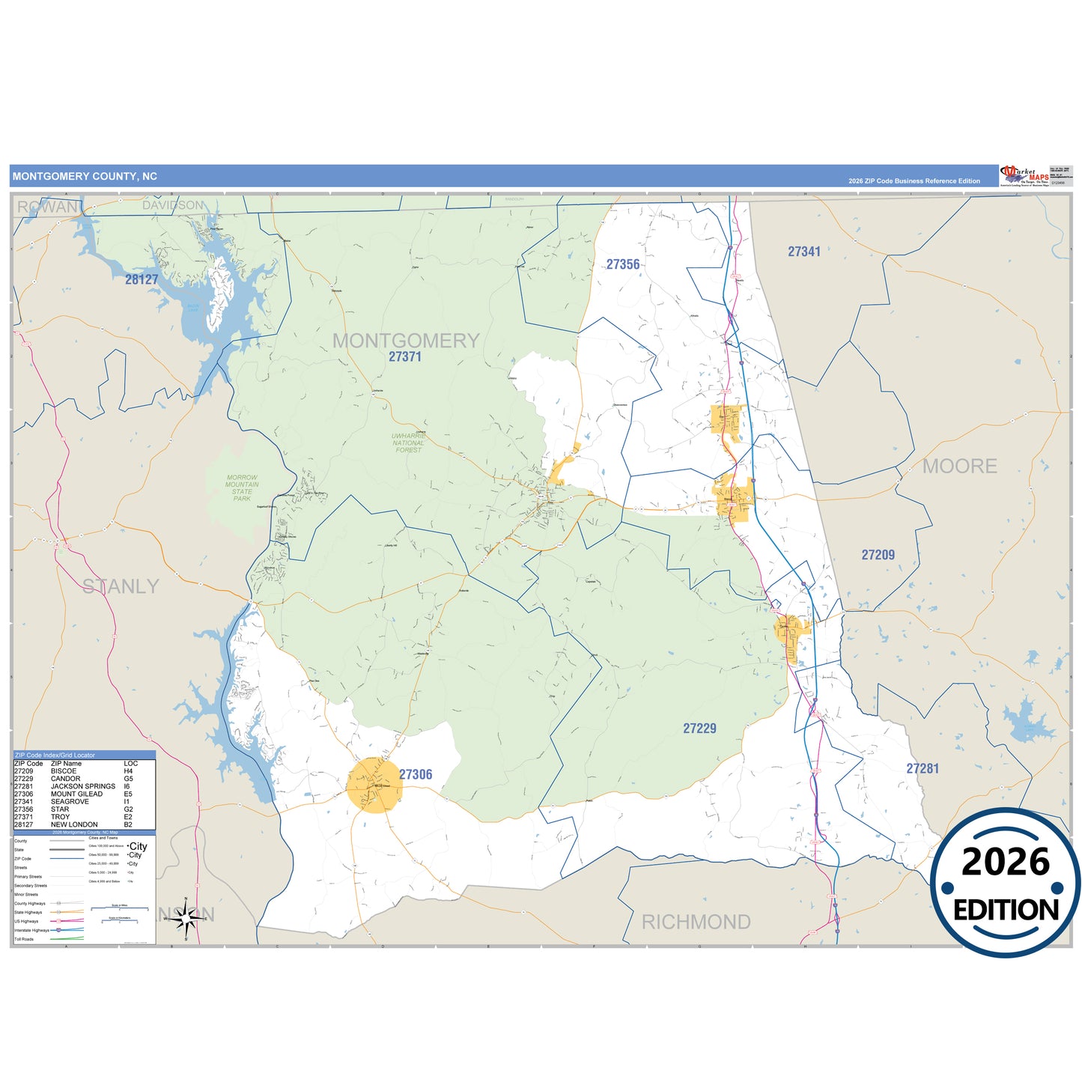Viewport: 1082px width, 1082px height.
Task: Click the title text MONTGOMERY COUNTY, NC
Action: coord(85,177)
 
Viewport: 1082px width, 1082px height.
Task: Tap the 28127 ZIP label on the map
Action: coord(142,279)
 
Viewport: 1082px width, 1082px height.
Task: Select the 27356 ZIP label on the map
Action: coord(623,264)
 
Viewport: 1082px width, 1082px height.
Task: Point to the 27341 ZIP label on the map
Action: coord(803,252)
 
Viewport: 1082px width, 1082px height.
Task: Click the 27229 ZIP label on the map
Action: coord(699,728)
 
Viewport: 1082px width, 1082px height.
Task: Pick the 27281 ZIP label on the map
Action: coord(923,768)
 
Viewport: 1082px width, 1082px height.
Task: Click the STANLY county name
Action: coord(121,586)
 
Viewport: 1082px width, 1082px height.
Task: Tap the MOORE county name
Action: coord(959,466)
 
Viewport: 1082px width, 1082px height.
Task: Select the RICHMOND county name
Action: coord(696,922)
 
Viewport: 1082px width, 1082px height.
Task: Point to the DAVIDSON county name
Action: coord(173,205)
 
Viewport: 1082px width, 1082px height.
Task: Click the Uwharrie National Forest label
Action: coord(408,443)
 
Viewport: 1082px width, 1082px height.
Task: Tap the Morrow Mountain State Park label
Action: coord(242,487)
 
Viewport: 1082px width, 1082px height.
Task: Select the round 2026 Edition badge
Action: coord(1005,883)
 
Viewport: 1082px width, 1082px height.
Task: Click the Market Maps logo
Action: coord(1024,176)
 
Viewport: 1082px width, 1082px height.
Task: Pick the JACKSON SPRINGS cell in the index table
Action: coord(83,786)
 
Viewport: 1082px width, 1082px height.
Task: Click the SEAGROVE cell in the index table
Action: coord(70,801)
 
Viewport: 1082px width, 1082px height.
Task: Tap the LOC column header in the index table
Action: coord(131,763)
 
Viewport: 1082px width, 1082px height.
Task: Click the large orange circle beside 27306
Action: coord(374,785)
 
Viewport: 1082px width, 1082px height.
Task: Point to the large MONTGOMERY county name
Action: coord(406,341)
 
